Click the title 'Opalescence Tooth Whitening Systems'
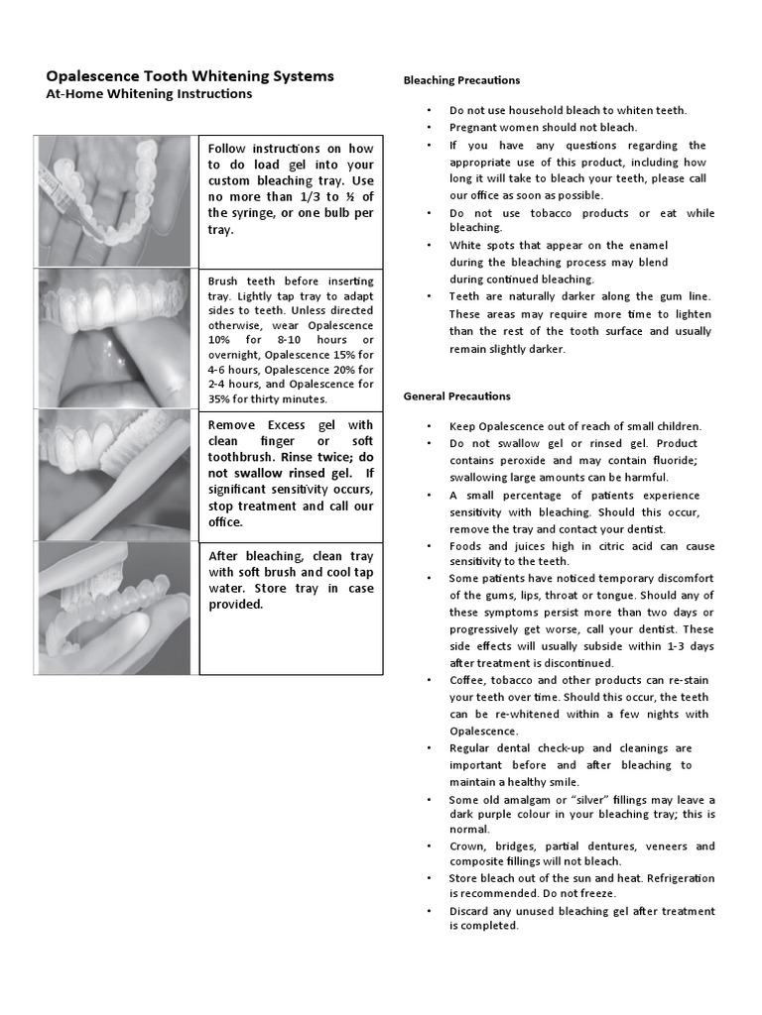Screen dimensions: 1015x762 [190, 76]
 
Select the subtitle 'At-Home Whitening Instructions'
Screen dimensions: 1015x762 [149, 94]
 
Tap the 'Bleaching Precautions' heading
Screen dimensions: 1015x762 [461, 80]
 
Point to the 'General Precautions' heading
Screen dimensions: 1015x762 [456, 396]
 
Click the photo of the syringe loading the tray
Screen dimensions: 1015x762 [114, 201]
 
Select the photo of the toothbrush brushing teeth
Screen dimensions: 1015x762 [114, 475]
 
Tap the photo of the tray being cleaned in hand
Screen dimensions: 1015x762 [114, 608]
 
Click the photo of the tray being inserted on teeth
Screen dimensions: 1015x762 [114, 338]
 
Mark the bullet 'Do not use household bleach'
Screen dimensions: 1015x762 [568, 111]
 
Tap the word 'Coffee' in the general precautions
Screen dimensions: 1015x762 [467, 681]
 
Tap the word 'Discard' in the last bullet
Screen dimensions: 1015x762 [470, 912]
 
